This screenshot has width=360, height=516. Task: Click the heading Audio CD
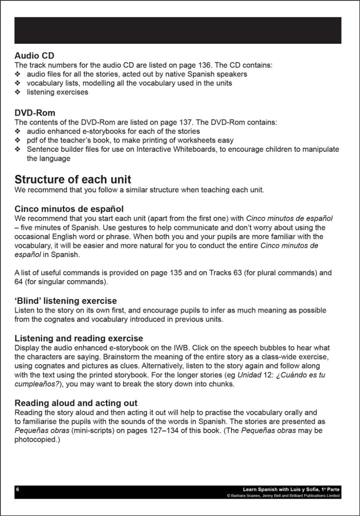[34, 56]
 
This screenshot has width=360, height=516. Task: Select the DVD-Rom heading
[35, 113]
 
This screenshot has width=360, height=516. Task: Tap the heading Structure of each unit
[73, 179]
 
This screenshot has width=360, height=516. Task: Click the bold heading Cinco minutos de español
[69, 208]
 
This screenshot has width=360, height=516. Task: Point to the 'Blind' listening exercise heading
[66, 301]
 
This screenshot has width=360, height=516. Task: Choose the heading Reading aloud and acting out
[76, 403]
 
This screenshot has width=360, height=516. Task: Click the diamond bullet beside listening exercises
[18, 92]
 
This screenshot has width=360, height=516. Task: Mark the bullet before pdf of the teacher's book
[18, 140]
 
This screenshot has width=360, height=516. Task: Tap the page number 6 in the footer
[18, 489]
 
